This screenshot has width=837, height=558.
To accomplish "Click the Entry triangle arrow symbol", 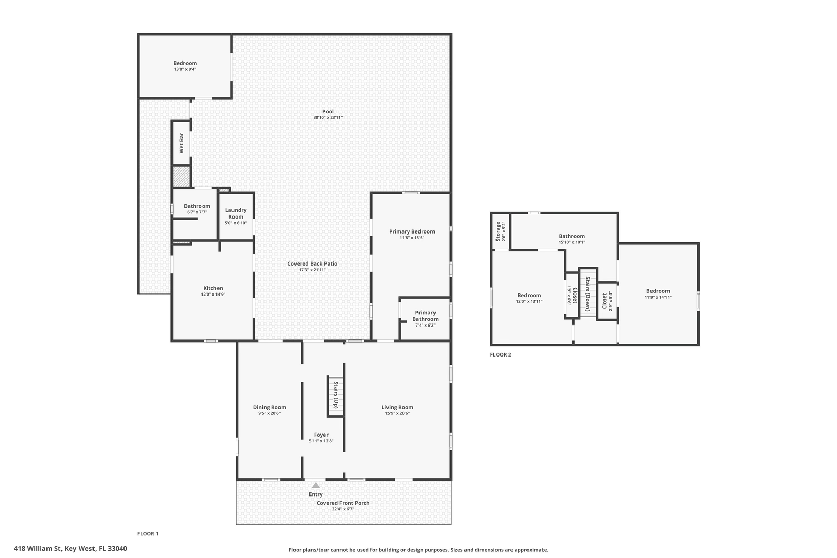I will [315, 485].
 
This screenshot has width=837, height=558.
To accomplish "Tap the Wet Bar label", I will [181, 143].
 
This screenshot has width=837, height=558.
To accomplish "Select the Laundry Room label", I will [236, 213].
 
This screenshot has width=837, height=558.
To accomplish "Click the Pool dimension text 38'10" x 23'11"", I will [328, 118].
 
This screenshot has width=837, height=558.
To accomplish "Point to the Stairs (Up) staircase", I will [335, 396].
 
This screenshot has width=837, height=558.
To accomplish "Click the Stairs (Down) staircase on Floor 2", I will [587, 292].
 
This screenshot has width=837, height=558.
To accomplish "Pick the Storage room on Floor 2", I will [500, 231].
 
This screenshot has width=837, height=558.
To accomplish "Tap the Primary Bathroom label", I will [425, 316].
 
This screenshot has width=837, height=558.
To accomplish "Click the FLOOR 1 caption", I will [148, 534].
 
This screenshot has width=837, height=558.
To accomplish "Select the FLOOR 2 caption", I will [501, 355].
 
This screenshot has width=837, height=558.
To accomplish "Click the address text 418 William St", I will [70, 549].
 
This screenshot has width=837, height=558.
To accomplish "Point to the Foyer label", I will [321, 435].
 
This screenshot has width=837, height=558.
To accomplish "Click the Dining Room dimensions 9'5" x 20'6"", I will [269, 413].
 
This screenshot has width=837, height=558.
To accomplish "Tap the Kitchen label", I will [213, 288].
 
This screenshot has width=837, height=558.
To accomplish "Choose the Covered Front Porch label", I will [343, 503].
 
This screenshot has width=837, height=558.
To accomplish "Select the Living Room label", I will [397, 407].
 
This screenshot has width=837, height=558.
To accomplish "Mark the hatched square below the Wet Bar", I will [181, 177].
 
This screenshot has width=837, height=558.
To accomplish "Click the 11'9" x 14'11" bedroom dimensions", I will [658, 297].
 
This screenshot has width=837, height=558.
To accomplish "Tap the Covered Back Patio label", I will [312, 263].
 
